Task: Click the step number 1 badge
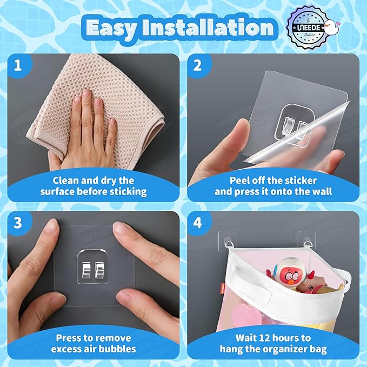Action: click(x=18, y=65)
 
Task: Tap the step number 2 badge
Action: click(x=197, y=65)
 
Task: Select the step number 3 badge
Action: click(x=18, y=223)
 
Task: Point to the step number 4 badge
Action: click(x=197, y=223)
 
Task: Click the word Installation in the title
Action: click(x=208, y=27)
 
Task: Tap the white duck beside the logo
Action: click(x=331, y=28)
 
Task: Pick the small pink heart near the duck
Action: click(x=337, y=23)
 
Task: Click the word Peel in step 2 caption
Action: click(x=239, y=181)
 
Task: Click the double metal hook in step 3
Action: click(x=93, y=270)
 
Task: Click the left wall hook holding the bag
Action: click(x=229, y=242)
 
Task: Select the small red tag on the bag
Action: click(x=223, y=288)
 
